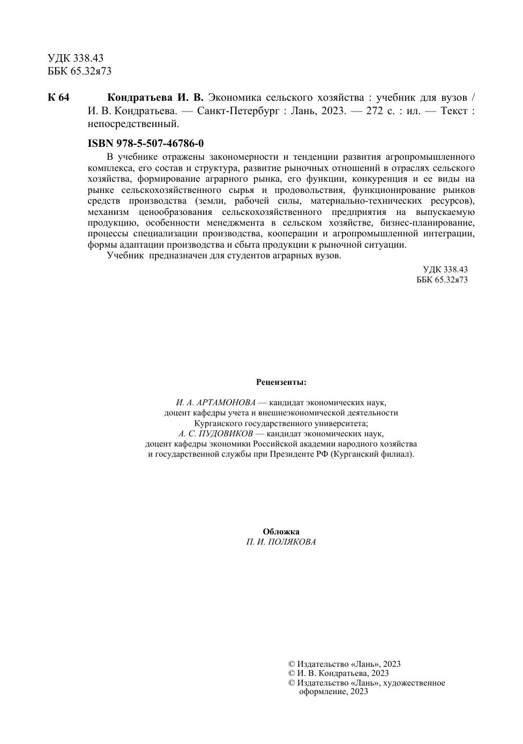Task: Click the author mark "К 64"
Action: coord(58,98)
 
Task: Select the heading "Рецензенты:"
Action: coord(281,382)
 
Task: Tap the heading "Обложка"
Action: coord(281,532)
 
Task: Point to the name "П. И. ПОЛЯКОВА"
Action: coord(281,542)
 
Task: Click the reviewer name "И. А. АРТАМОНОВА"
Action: coord(215,403)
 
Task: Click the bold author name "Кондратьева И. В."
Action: coord(155,98)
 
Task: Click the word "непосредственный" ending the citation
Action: coord(132,124)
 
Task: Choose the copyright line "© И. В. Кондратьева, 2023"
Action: coord(339,673)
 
